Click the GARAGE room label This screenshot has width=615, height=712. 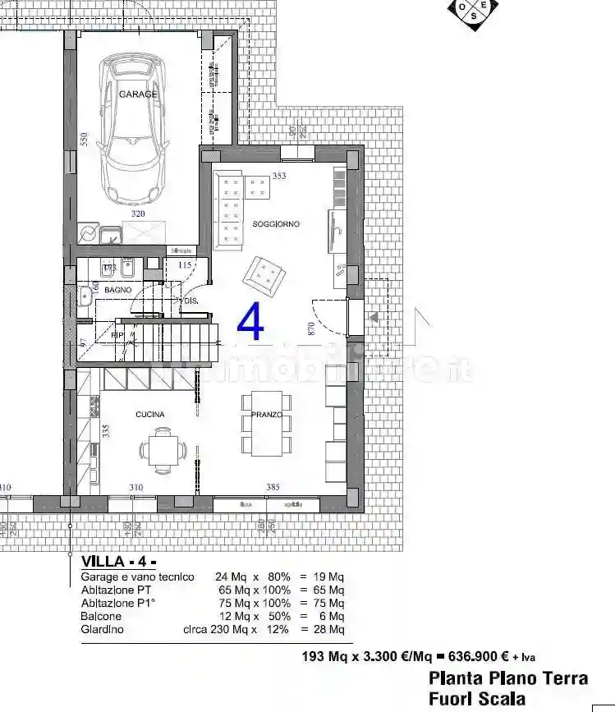point(138,94)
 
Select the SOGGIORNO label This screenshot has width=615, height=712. point(276,224)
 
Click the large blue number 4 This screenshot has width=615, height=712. point(251,322)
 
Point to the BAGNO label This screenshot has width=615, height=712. point(118,290)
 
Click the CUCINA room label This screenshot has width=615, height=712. point(150,415)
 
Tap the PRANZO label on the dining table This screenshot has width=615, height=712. point(267,416)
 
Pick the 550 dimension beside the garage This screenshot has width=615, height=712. point(84,139)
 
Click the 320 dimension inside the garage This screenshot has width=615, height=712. point(138,214)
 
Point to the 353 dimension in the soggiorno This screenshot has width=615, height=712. point(279,176)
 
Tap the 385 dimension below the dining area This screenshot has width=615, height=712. point(273,487)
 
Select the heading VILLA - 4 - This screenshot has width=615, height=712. point(118,563)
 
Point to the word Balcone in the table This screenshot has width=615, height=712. point(101,616)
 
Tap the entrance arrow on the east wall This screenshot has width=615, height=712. point(374,317)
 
